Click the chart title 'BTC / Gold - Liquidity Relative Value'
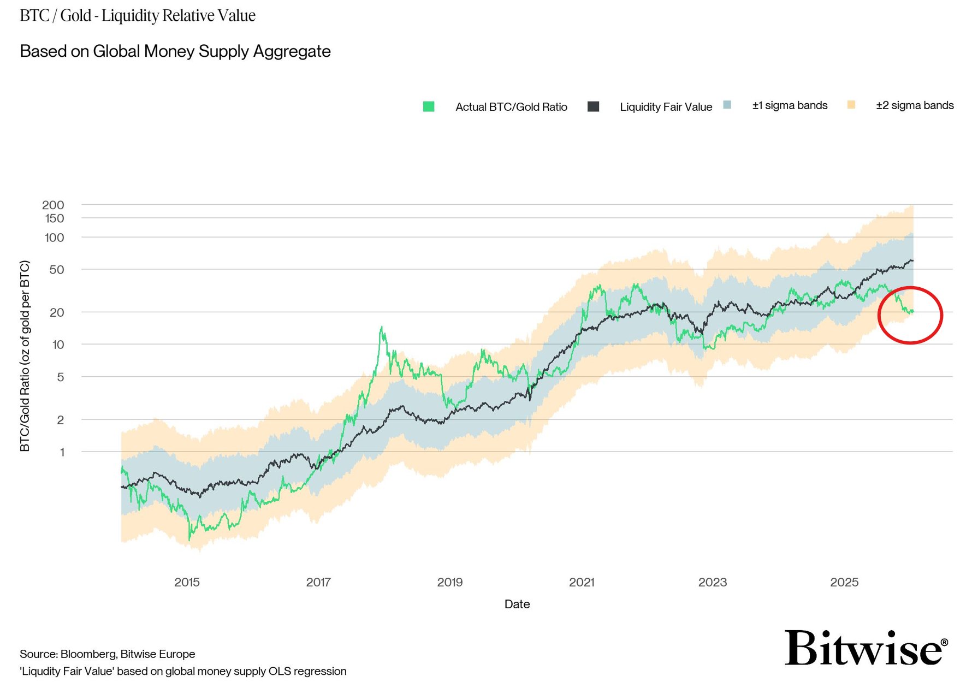[x=138, y=15]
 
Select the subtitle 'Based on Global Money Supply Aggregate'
[x=175, y=51]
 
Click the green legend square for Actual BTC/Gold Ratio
[x=429, y=106]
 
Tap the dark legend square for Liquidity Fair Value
[x=593, y=106]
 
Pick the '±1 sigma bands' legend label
[x=790, y=105]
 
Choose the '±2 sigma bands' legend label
[x=915, y=105]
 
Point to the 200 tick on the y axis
[x=54, y=205]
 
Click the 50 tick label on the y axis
[x=57, y=270]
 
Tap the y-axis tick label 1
[x=62, y=452]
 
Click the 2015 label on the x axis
[x=187, y=582]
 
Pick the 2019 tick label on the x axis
[x=450, y=582]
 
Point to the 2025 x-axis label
[x=844, y=582]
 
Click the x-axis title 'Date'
[x=517, y=604]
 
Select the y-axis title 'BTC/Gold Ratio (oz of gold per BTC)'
[x=25, y=356]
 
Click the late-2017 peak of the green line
[x=381, y=328]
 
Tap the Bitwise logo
[x=866, y=648]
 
